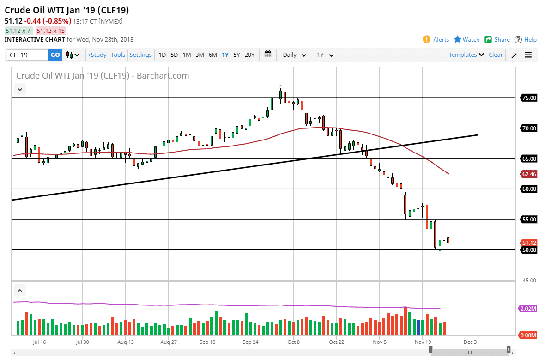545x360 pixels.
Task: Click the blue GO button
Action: pyautogui.click(x=55, y=55)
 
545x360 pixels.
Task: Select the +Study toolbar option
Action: pyautogui.click(x=97, y=55)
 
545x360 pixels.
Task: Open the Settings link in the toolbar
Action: pyautogui.click(x=140, y=55)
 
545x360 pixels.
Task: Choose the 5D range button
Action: pyautogui.click(x=174, y=55)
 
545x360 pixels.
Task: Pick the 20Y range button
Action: pyautogui.click(x=249, y=55)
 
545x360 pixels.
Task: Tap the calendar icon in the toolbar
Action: pyautogui.click(x=268, y=55)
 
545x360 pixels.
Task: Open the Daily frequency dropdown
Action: pyautogui.click(x=294, y=55)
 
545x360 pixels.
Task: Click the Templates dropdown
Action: pyautogui.click(x=466, y=55)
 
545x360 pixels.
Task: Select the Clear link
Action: pyautogui.click(x=496, y=55)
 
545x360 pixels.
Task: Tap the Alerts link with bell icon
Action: pyautogui.click(x=436, y=40)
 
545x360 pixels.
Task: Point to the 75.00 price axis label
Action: pyautogui.click(x=528, y=98)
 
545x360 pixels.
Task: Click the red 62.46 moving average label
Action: pyautogui.click(x=528, y=174)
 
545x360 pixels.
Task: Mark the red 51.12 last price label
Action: pyautogui.click(x=528, y=243)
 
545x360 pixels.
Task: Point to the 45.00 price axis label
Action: pyautogui.click(x=528, y=281)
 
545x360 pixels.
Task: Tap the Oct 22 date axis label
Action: pyautogui.click(x=336, y=342)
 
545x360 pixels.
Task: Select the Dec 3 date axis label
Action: pyautogui.click(x=470, y=342)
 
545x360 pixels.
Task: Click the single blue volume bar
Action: pyautogui.click(x=418, y=327)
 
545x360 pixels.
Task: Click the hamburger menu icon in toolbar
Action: pyautogui.click(x=528, y=55)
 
